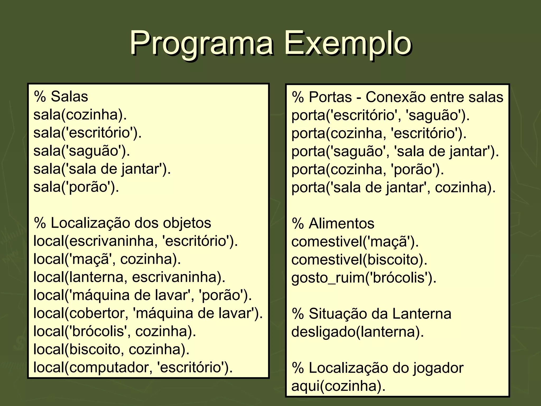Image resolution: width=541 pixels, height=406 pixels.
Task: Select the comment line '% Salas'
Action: [61, 96]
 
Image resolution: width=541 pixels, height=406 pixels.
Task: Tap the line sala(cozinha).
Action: [80, 115]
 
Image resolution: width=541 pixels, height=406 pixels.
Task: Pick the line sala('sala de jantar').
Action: [102, 169]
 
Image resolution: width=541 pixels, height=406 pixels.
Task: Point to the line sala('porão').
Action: [76, 187]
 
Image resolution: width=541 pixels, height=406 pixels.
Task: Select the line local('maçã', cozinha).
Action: [107, 259]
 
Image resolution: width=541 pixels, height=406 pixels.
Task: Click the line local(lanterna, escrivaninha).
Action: [129, 277]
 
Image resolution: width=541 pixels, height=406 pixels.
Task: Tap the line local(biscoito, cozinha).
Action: [111, 349]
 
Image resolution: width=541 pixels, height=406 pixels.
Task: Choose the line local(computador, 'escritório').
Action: [133, 367]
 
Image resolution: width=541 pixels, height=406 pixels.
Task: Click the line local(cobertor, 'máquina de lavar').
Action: [148, 313]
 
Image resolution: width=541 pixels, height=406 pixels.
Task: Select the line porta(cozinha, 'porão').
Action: [367, 169]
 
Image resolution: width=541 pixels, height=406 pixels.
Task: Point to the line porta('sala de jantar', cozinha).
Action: [393, 187]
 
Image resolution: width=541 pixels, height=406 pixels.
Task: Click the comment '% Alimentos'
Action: [333, 224]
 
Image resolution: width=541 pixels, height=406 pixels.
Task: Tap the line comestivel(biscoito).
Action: [359, 260]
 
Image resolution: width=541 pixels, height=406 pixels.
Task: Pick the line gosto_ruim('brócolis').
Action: [364, 278]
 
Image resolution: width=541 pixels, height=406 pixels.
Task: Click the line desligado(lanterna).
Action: [357, 332]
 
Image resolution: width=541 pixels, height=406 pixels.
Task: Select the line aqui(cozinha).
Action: [338, 386]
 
